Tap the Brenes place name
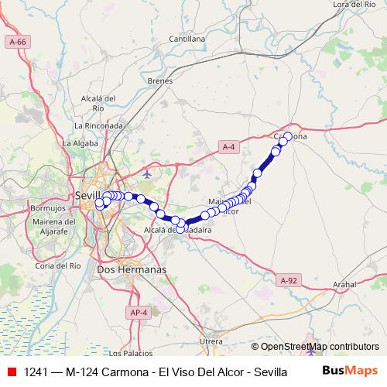(x=159, y=80)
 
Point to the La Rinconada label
(x=99, y=125)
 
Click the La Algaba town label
(x=78, y=143)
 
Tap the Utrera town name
(x=211, y=341)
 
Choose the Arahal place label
(x=345, y=285)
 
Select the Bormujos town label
(x=47, y=209)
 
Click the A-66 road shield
(x=15, y=41)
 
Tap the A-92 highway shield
(x=289, y=280)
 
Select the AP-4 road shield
(x=138, y=311)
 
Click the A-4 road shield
(x=228, y=146)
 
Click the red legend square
(x=12, y=372)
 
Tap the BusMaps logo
(x=349, y=371)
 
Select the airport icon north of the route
(x=148, y=172)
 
